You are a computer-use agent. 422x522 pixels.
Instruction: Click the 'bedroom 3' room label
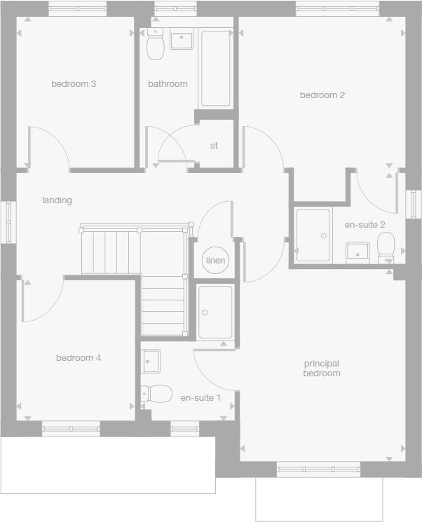74,84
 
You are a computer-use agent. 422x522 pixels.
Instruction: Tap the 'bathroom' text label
168,84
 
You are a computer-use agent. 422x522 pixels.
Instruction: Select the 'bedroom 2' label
322,95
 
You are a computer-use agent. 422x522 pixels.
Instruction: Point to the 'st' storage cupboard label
214,146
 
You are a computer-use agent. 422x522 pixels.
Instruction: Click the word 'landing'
57,200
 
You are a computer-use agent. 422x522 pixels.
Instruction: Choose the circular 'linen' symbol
216,261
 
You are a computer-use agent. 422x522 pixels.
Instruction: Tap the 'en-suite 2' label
365,225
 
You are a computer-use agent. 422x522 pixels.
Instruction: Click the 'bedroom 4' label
79,358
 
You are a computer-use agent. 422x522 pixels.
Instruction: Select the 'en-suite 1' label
200,398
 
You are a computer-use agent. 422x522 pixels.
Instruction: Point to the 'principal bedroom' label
322,369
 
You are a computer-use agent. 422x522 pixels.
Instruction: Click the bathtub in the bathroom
215,69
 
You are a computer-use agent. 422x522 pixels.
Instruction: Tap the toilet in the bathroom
155,46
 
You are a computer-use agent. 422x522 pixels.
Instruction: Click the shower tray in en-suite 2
313,235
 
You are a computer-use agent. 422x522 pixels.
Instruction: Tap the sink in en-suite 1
151,362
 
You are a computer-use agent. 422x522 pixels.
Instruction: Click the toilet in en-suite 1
157,394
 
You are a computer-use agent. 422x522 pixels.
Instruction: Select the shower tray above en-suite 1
215,312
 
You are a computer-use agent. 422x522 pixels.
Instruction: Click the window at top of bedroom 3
78,9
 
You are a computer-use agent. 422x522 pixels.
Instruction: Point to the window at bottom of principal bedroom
318,469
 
